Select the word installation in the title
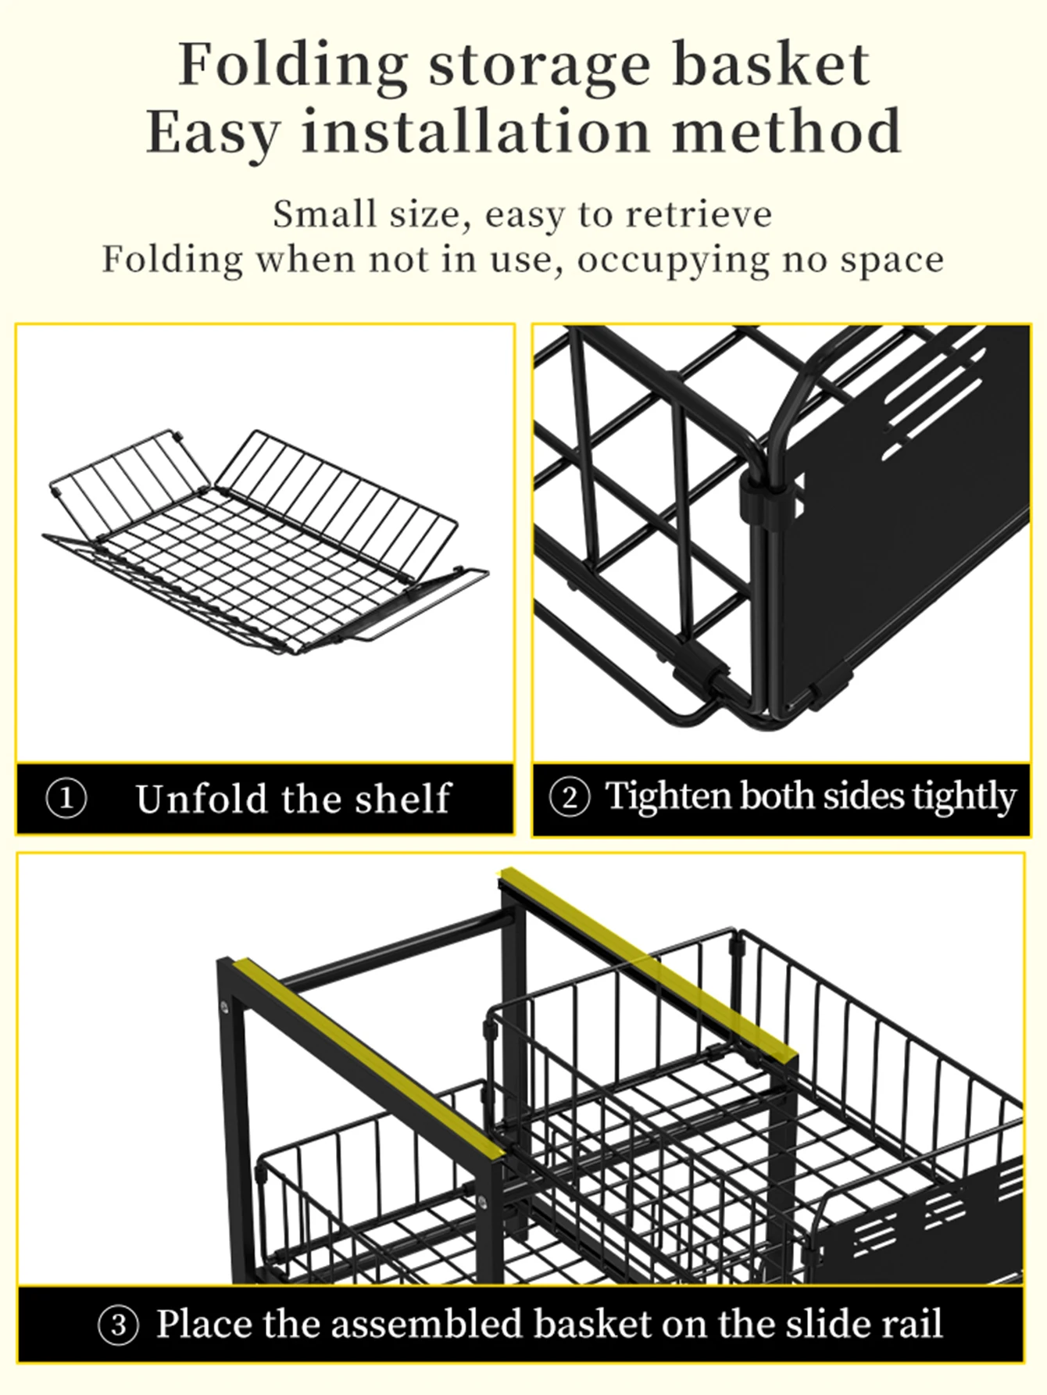point(475,131)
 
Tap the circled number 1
point(66,799)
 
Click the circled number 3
point(118,1325)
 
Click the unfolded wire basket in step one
point(266,547)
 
